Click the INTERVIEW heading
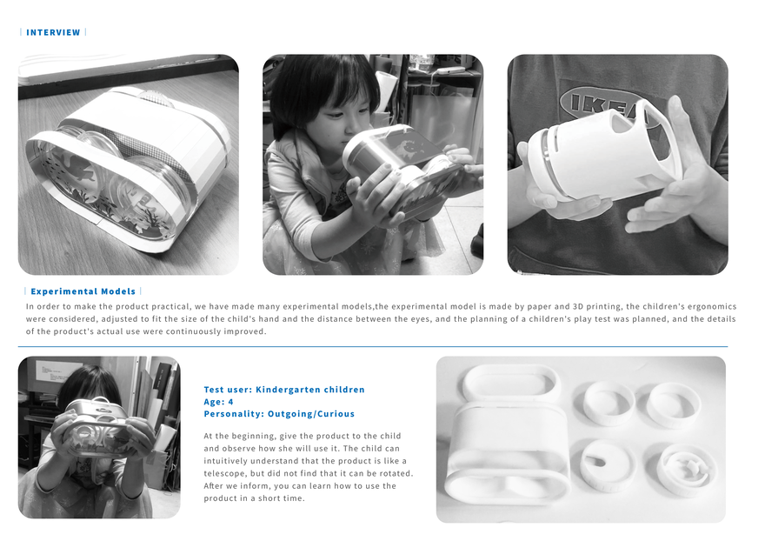click(x=53, y=32)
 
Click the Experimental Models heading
click(x=83, y=291)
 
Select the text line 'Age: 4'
click(x=218, y=402)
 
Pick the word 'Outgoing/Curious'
click(x=311, y=414)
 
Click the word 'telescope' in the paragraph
click(x=225, y=474)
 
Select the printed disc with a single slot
click(x=609, y=464)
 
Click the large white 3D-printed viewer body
click(x=508, y=454)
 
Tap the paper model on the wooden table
click(x=128, y=169)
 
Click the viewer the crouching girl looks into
click(x=402, y=166)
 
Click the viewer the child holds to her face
click(x=97, y=427)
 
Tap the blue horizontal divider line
click(x=373, y=347)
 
